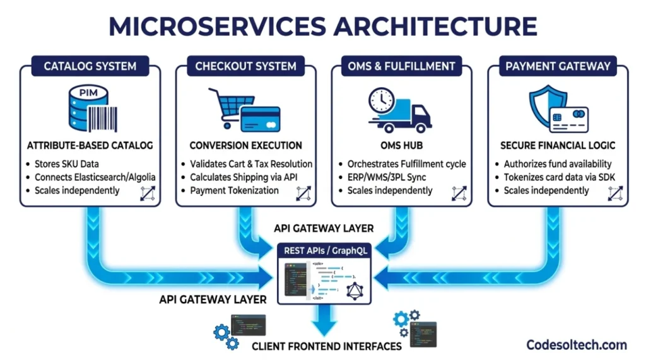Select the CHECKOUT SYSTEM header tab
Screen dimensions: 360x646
[x=245, y=66]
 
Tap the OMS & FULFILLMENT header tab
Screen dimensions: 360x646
[x=401, y=66]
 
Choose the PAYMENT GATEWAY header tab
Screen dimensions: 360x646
[x=558, y=66]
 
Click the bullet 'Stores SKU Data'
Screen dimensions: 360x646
[x=66, y=164]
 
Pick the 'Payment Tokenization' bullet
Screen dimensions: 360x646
[x=235, y=190]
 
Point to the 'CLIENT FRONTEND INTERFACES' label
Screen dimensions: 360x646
[x=326, y=346]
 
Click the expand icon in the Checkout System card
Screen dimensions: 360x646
[x=304, y=193]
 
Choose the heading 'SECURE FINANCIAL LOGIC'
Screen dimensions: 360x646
[x=558, y=145]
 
